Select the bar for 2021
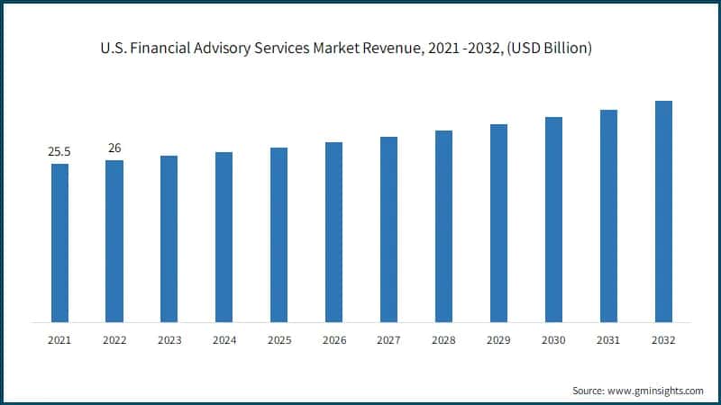click(59, 243)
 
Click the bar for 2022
click(114, 241)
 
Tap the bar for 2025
click(279, 235)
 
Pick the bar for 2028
click(443, 226)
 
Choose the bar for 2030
click(553, 220)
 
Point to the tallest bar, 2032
click(663, 211)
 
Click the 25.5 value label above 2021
click(59, 152)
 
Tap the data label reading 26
click(114, 148)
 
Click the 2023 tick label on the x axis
click(169, 341)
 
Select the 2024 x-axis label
click(224, 341)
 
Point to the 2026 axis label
click(334, 341)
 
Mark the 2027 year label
click(389, 341)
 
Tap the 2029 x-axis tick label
click(498, 341)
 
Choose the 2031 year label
click(608, 341)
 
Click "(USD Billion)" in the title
click(551, 49)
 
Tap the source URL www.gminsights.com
click(655, 391)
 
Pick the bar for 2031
click(608, 216)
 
